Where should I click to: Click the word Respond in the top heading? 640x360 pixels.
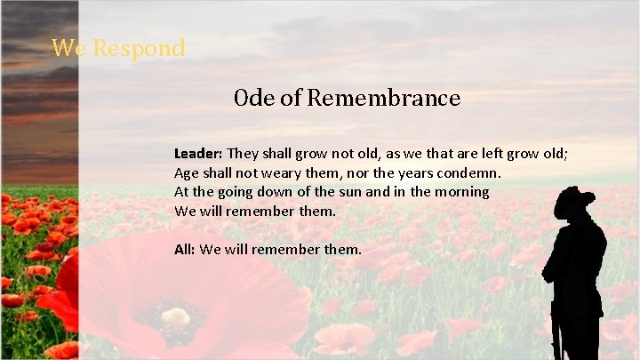click(x=139, y=47)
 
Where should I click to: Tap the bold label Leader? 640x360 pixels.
click(x=198, y=153)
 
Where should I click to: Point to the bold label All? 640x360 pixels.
click(x=184, y=250)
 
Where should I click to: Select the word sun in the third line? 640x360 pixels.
click(x=345, y=192)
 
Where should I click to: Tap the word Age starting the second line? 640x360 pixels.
click(x=186, y=172)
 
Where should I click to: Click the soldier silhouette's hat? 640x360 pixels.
click(x=573, y=201)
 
